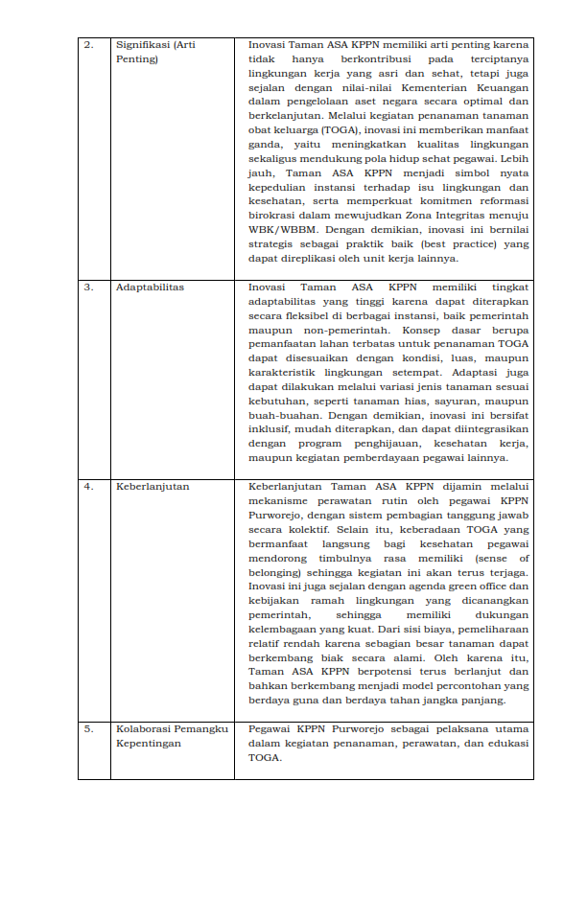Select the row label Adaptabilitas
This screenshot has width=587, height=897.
coord(150,287)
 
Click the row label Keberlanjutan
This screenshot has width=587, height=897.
coord(153,487)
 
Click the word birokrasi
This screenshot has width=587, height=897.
coord(270,217)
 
